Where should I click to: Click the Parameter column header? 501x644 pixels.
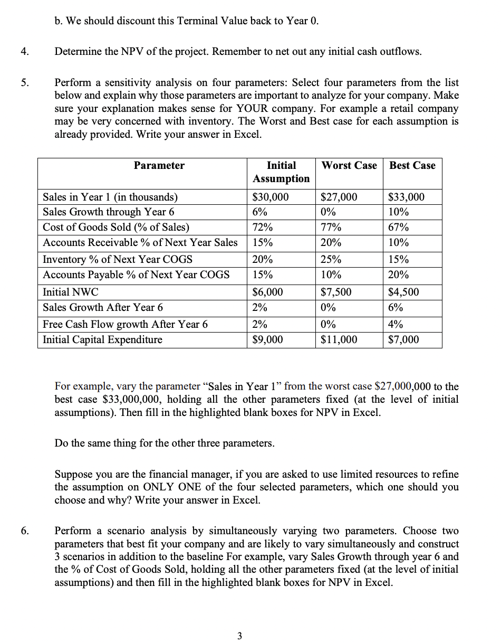tap(159, 166)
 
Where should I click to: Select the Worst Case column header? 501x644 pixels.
tap(349, 166)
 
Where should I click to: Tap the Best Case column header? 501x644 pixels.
tap(412, 166)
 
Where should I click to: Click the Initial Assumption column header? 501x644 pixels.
tap(281, 172)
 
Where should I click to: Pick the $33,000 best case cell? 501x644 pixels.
tap(406, 197)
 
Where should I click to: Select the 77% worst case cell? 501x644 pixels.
tap(331, 228)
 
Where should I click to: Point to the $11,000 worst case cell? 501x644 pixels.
tap(339, 339)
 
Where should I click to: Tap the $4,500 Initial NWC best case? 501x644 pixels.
tap(403, 292)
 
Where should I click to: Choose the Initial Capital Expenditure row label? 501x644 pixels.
tap(102, 339)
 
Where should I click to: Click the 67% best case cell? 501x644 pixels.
tap(398, 228)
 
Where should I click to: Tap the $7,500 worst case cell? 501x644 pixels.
tap(336, 292)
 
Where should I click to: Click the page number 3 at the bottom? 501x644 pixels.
tap(239, 636)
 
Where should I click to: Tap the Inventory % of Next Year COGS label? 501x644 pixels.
tap(117, 260)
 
